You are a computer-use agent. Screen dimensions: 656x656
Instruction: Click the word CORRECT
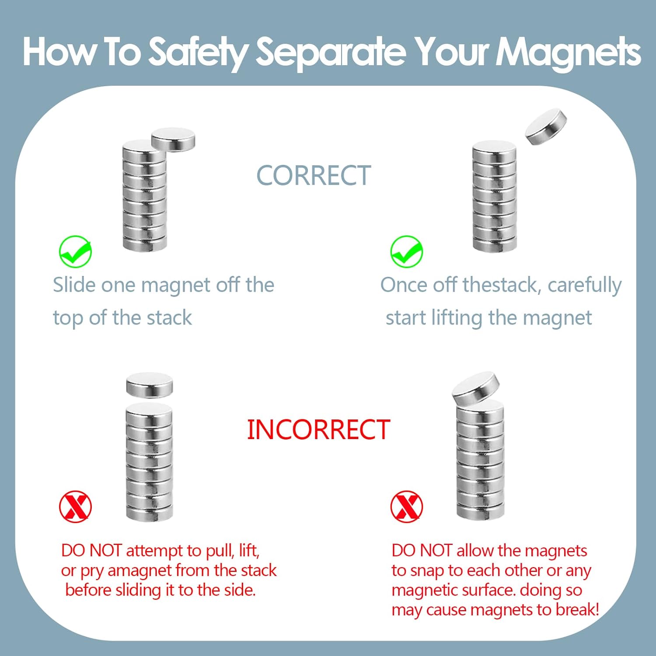point(314,176)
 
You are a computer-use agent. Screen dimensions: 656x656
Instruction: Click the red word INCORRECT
point(318,429)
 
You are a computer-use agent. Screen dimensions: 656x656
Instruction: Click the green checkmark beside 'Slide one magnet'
point(75,251)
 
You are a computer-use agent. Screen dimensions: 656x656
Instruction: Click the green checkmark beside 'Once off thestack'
point(407,251)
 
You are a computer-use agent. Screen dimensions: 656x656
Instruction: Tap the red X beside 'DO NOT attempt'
point(75,506)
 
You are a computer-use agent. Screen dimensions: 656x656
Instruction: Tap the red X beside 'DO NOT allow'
point(407,506)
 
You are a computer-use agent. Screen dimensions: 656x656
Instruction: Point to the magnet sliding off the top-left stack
point(173,140)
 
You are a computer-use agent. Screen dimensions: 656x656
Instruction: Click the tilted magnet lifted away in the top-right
point(546,126)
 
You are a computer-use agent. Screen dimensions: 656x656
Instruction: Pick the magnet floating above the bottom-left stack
point(150,386)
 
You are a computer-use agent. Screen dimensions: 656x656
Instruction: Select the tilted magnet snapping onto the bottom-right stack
point(476,388)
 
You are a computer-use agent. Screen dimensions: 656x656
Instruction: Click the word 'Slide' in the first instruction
point(74,285)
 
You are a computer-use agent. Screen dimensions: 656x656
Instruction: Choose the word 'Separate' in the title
point(331,52)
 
